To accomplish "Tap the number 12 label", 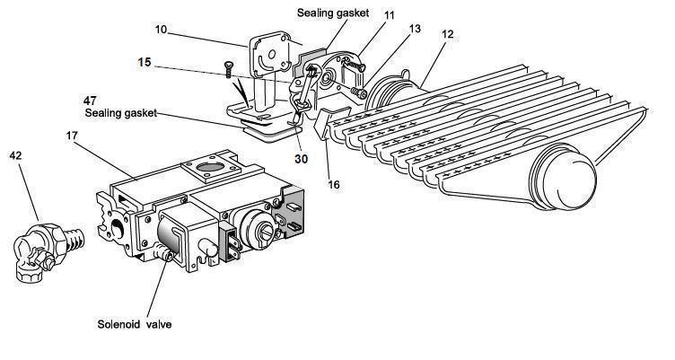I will click(447, 33).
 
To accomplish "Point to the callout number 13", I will click(414, 30).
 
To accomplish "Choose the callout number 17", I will click(73, 136).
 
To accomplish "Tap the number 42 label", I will click(16, 154).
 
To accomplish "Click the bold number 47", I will click(90, 101).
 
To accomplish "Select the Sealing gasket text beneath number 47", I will click(121, 114).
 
